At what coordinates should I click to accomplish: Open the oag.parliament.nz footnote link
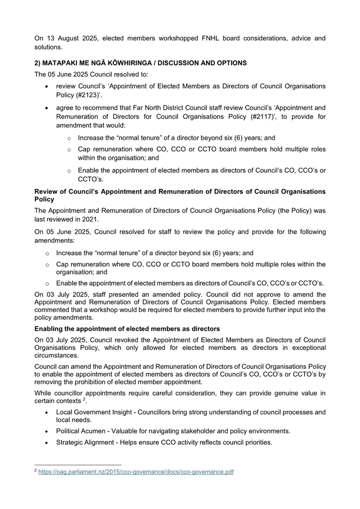(136, 472)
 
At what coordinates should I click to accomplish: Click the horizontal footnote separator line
(78, 464)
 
